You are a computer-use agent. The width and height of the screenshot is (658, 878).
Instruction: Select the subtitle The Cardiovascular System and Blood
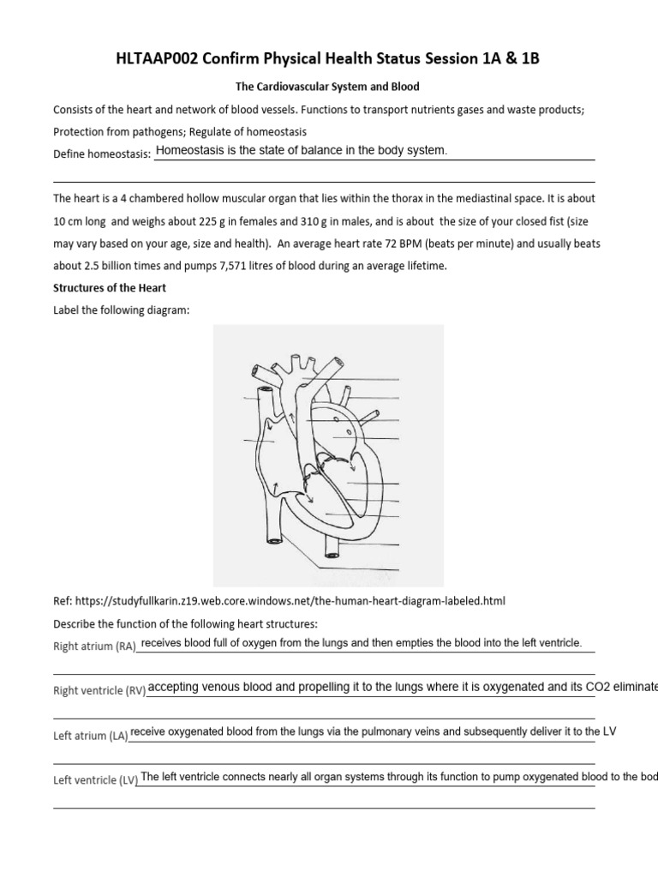pos(328,87)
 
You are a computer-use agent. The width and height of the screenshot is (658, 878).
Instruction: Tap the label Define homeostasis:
pos(102,153)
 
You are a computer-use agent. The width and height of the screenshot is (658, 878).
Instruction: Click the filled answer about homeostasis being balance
pos(302,151)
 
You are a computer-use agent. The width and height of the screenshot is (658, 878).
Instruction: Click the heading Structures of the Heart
pos(110,288)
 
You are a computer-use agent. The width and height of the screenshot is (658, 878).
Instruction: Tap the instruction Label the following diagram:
pos(120,310)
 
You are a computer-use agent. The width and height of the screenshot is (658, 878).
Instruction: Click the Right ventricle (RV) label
pos(99,690)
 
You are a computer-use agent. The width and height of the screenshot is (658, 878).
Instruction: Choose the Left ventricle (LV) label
pos(95,779)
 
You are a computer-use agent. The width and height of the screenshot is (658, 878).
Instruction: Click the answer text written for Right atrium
pos(361,643)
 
